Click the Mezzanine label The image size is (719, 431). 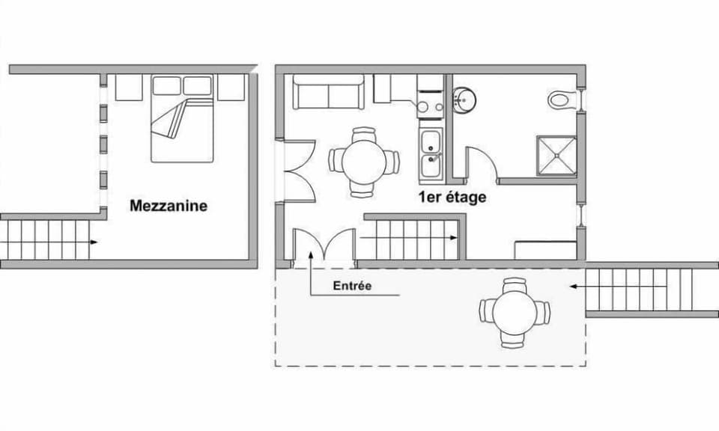coord(169,205)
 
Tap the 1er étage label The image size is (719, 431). coord(452,198)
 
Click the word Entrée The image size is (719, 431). coord(352,286)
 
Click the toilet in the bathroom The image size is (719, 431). coord(562,99)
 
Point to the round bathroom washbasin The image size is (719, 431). coord(464,100)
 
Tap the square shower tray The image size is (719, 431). coord(556,156)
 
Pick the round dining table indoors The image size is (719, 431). coord(364,162)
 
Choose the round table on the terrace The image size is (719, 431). coord(515,312)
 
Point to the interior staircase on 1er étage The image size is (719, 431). coord(412,238)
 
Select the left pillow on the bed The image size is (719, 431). coord(167,85)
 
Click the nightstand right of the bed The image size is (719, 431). coord(231,87)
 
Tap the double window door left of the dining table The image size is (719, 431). coord(296,170)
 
